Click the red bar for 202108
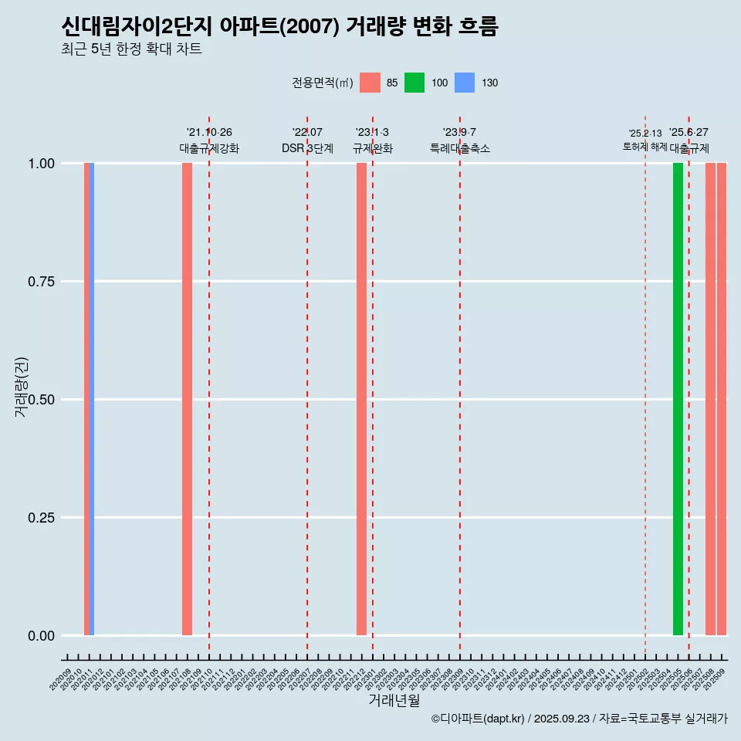187,399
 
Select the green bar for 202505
678,399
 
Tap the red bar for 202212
361,399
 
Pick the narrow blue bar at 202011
92,399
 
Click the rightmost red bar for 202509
722,399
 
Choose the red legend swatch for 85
370,83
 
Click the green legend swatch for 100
414,83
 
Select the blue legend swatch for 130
464,83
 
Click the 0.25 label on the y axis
41,518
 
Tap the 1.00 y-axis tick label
41,164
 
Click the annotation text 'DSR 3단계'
307,148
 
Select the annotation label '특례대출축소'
460,148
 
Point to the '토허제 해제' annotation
645,147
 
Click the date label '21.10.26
209,132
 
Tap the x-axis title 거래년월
394,700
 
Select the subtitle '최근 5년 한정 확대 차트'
131,49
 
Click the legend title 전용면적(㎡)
322,83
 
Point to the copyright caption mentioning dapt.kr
579,719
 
